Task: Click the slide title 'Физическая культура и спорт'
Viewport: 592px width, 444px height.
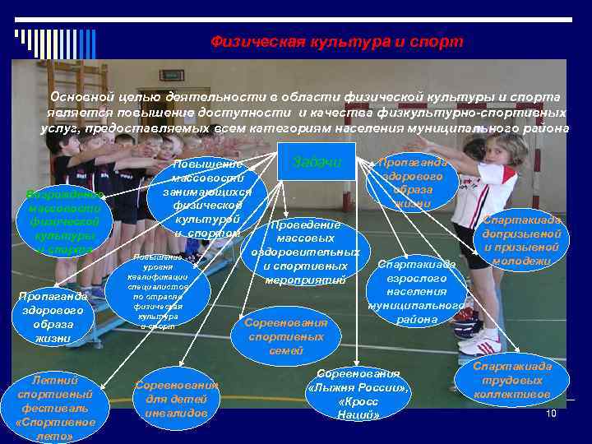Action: point(336,41)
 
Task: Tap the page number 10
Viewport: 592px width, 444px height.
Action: point(551,413)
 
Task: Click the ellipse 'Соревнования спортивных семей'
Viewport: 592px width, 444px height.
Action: point(286,336)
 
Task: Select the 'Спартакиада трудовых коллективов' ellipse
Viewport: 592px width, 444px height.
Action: point(511,380)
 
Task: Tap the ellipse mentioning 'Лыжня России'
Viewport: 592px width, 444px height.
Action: point(358,393)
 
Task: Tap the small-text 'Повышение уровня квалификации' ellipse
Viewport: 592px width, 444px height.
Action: point(158,292)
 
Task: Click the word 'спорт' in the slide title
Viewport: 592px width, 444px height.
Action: point(440,41)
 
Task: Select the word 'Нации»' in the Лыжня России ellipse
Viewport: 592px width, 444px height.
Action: point(358,414)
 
